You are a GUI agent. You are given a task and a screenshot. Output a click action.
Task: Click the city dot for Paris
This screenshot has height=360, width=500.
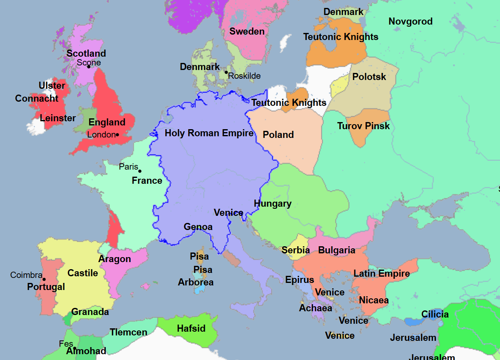point(140,171)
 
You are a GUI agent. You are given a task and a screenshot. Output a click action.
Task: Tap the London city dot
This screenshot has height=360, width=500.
point(117,135)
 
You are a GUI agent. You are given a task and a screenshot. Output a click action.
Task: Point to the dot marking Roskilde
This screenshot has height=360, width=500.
point(226,72)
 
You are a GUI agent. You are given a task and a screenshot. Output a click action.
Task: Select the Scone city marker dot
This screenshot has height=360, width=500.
point(89,67)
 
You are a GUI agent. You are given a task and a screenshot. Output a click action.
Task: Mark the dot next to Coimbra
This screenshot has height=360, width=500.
point(44,280)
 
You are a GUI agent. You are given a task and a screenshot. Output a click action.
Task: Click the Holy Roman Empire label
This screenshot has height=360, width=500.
point(209,133)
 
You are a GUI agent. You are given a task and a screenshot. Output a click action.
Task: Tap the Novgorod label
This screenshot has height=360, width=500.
point(410,22)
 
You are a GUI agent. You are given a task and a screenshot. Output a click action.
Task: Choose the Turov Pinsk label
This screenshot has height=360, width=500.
point(363,126)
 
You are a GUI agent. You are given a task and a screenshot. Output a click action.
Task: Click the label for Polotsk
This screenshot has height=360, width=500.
point(369,77)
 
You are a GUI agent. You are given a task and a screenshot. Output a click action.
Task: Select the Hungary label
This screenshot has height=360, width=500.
point(273,204)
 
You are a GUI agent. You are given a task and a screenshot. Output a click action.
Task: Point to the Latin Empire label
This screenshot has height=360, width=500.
point(382,274)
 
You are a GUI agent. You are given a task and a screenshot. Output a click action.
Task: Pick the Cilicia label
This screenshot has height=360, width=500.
point(435,315)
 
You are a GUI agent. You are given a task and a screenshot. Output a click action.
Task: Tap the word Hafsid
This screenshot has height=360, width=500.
point(192,328)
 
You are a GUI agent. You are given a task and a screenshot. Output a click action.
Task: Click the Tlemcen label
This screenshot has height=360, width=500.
point(129,332)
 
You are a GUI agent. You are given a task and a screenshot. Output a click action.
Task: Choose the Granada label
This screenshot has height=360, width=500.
point(90,312)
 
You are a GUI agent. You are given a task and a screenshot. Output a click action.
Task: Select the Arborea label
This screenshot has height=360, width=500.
point(196,282)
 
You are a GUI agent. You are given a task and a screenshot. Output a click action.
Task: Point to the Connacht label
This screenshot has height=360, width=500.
point(37,99)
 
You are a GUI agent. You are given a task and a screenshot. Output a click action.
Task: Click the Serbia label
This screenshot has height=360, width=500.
point(296,250)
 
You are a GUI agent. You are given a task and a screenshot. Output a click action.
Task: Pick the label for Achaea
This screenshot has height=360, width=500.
point(316,308)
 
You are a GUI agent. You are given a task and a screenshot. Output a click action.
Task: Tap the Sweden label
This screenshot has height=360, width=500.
point(247,32)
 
